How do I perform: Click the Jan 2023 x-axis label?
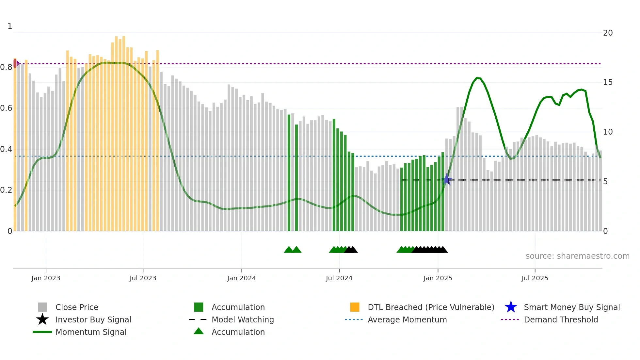point(46,278)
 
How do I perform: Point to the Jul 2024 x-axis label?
point(339,278)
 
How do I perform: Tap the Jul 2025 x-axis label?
point(535,278)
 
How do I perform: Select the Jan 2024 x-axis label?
point(241,278)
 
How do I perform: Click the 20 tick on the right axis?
point(608,33)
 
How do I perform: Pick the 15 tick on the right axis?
point(608,82)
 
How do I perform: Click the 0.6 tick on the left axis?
point(7,108)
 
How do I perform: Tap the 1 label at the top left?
point(10,26)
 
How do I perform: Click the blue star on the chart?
point(447,180)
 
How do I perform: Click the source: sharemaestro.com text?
point(577,256)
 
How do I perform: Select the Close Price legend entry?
point(76,307)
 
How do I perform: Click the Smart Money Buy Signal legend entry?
point(571,307)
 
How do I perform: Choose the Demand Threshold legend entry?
point(561,320)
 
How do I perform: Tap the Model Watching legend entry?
point(242,320)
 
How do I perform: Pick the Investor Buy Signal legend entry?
point(93,320)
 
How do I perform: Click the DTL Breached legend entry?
point(431,307)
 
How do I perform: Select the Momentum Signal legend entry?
point(91,332)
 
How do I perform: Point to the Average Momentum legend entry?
point(407,320)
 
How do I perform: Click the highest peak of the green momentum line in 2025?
point(477,78)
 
